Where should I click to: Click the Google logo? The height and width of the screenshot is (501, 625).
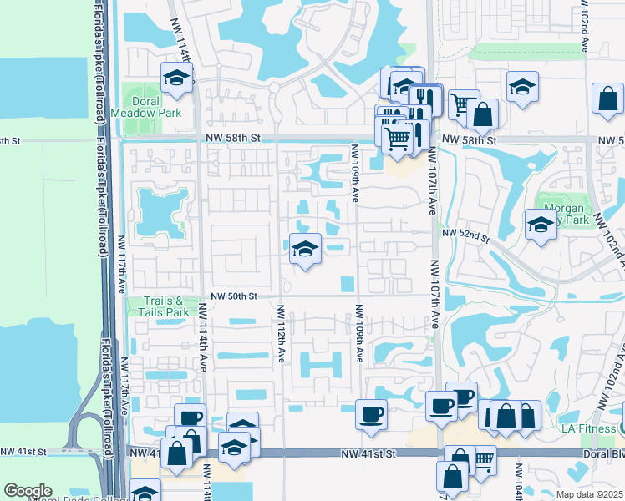pos(28,491)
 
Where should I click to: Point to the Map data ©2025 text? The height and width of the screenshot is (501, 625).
pos(590,494)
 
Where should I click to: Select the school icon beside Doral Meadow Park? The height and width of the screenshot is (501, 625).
pos(176,78)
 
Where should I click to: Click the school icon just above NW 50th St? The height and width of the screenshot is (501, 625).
pos(305,249)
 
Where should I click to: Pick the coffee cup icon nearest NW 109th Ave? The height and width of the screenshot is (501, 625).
pos(371,412)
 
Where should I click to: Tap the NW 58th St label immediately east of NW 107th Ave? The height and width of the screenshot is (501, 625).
pos(469,139)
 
